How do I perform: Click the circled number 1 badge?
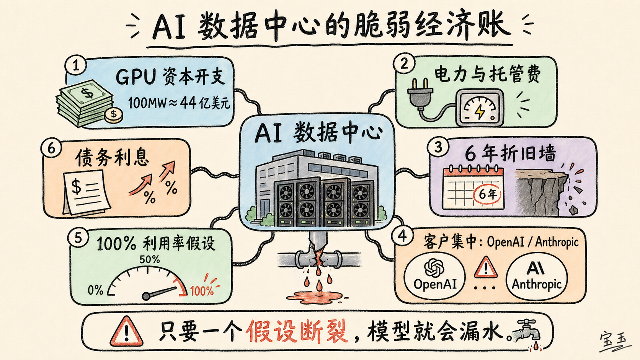pos(76,65)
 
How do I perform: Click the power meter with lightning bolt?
pos(479,108)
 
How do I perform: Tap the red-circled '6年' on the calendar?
pos(488,194)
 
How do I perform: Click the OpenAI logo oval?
pos(435,275)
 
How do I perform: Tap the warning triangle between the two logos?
pos(485,267)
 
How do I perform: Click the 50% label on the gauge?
pos(149,259)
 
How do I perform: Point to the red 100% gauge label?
pos(202,291)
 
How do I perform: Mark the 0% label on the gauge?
pos(95,290)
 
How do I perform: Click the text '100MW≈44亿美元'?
pos(179,103)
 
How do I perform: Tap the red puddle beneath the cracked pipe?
pos(315,296)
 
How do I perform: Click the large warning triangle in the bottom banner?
pos(126,331)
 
